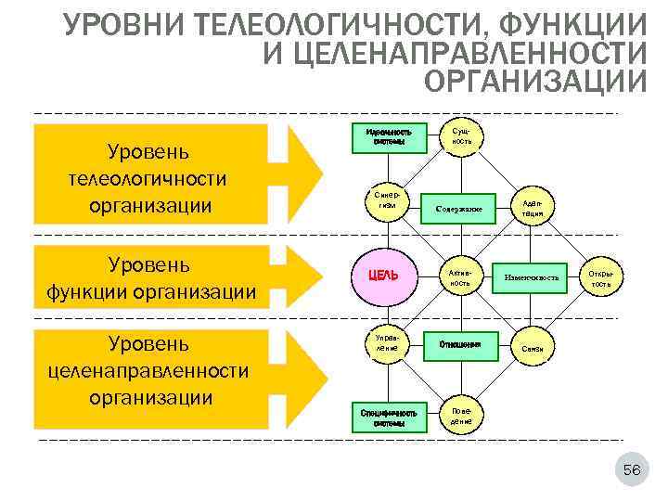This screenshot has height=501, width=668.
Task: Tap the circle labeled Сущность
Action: pyautogui.click(x=461, y=135)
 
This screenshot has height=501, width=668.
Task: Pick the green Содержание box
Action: pyautogui.click(x=458, y=208)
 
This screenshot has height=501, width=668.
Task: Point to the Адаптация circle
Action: pyautogui.click(x=533, y=207)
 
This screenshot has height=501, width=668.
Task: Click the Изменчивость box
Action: pyautogui.click(x=531, y=276)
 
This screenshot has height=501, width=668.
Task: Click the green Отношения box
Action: pyautogui.click(x=460, y=344)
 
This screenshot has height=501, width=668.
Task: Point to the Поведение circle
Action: pyautogui.click(x=461, y=415)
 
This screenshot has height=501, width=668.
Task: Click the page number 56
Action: pyautogui.click(x=631, y=471)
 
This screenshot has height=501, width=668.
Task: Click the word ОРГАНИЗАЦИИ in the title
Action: pyautogui.click(x=534, y=81)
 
